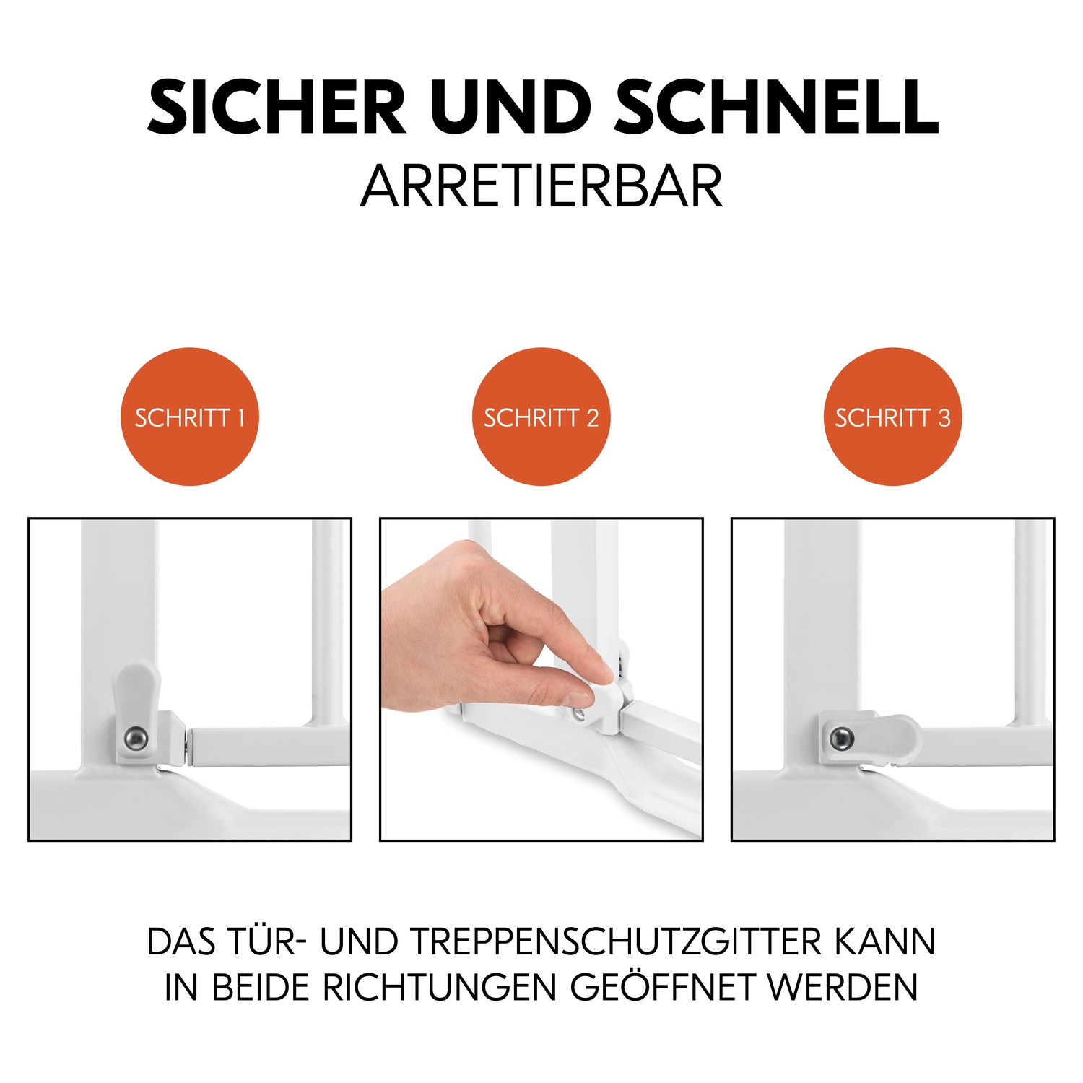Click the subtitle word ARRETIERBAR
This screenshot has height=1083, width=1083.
(x=541, y=186)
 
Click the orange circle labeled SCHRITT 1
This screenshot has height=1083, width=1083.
(x=189, y=417)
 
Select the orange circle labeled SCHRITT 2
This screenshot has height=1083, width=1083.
(x=541, y=417)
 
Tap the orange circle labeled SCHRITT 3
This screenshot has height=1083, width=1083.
(x=892, y=417)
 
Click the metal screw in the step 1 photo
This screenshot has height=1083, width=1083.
(x=136, y=738)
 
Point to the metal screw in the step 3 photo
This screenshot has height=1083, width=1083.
(x=841, y=738)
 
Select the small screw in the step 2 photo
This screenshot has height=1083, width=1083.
(x=578, y=714)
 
